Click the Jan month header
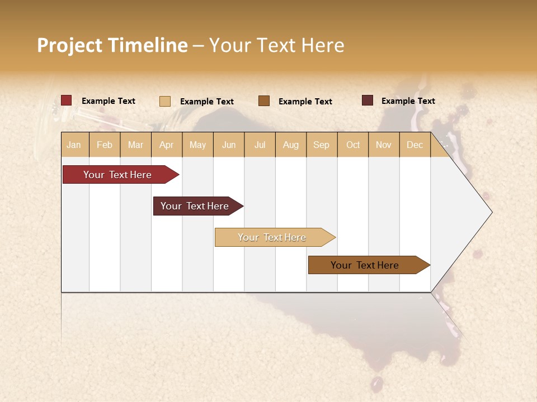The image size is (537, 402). [x=74, y=145]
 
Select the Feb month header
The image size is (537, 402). [x=105, y=145]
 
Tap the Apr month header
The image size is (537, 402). [x=167, y=145]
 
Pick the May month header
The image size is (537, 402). [x=197, y=145]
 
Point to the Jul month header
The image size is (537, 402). [x=260, y=145]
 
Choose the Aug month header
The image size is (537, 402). [x=291, y=145]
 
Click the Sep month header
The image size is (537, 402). [x=322, y=145]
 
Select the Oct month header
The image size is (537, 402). [x=353, y=145]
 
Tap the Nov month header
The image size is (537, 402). [x=384, y=145]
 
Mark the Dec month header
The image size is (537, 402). [x=415, y=145]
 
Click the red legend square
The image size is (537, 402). [x=66, y=100]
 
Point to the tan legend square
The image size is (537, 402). [x=164, y=101]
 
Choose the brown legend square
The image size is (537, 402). [x=264, y=100]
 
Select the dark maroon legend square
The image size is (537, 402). [x=367, y=100]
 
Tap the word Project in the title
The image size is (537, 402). [x=70, y=45]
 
